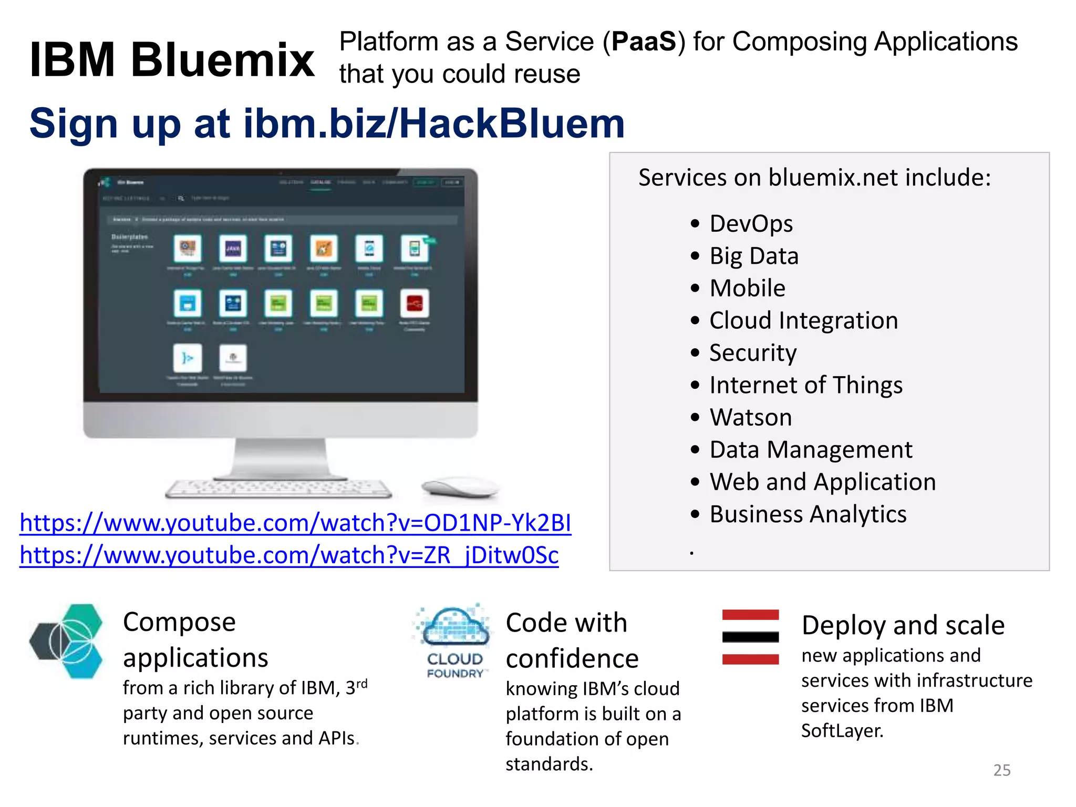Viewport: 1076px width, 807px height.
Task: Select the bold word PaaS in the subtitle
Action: [644, 42]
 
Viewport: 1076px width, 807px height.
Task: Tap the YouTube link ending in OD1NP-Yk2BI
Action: [295, 523]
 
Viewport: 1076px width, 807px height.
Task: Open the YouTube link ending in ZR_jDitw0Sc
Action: [289, 555]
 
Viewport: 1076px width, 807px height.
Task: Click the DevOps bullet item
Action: [751, 224]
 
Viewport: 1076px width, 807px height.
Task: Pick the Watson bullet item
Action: [750, 418]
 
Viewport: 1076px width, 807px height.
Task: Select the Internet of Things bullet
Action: [805, 385]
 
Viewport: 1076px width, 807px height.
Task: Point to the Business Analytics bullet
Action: [808, 514]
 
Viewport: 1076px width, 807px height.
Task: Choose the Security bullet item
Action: [752, 353]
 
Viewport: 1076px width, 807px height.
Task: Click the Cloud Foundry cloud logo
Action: [455, 626]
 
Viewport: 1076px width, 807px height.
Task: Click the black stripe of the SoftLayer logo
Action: [750, 637]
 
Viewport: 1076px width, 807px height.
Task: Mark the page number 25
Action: [1001, 770]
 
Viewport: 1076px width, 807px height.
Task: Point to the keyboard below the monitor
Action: [278, 489]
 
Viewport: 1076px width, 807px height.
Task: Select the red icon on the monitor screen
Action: [415, 304]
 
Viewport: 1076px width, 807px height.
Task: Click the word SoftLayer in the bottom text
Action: [842, 731]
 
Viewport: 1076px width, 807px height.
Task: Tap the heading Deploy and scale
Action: [903, 625]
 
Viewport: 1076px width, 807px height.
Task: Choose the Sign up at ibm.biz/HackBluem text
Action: [327, 123]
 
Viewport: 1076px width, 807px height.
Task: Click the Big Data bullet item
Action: [753, 256]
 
